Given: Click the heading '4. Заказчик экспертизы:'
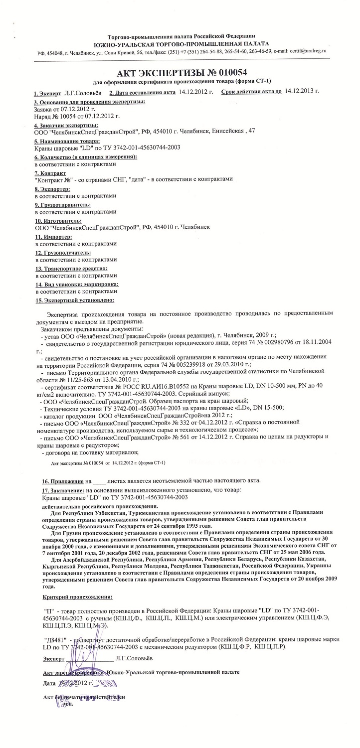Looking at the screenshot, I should point(66,125).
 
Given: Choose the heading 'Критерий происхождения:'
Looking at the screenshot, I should point(77,597).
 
